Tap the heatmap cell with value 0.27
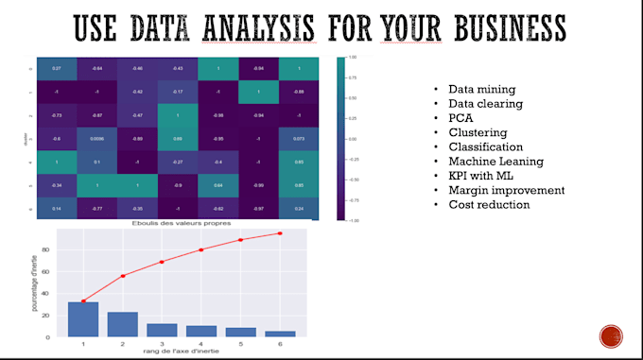click(x=57, y=68)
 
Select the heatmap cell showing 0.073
click(x=299, y=138)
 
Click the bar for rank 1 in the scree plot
click(x=83, y=318)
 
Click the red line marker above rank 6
click(x=280, y=233)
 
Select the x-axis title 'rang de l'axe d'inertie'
click(x=181, y=352)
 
